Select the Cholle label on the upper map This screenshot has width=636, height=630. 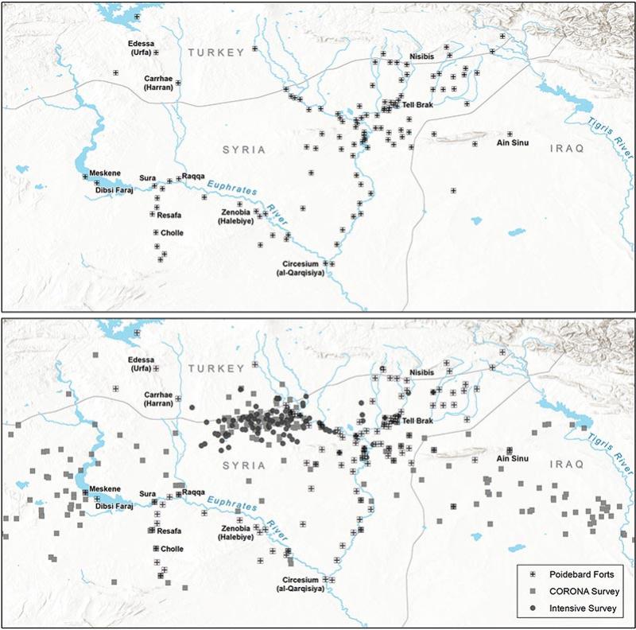tap(172, 233)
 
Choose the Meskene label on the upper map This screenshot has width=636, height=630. tap(104, 173)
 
